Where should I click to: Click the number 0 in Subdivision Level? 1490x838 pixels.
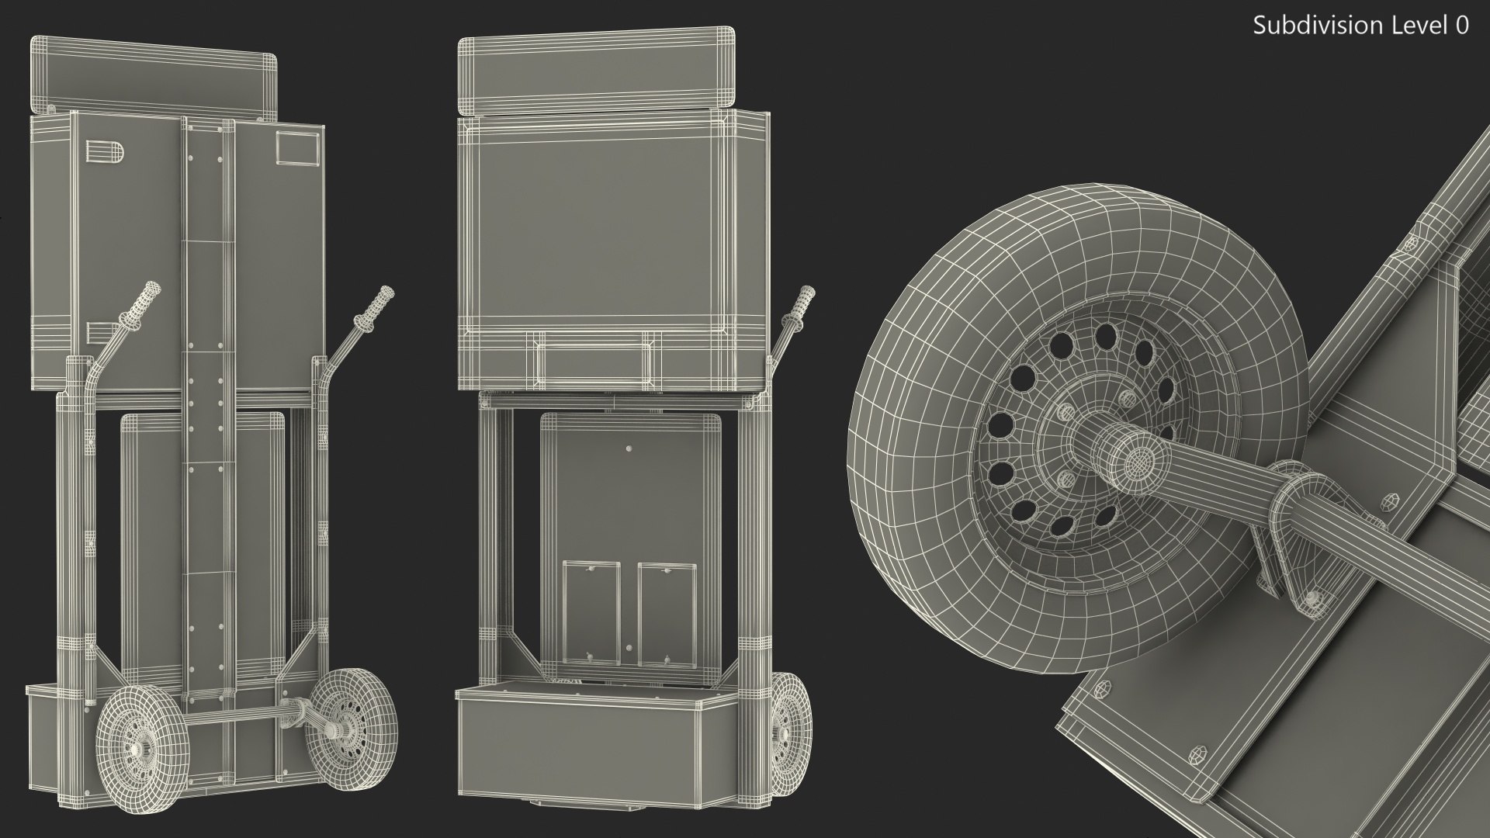point(1461,26)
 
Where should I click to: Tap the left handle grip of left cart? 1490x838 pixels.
point(144,300)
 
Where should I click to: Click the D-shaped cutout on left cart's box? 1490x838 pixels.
point(103,153)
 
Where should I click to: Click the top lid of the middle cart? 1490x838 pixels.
point(595,72)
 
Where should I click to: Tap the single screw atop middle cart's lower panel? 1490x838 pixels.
point(629,448)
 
